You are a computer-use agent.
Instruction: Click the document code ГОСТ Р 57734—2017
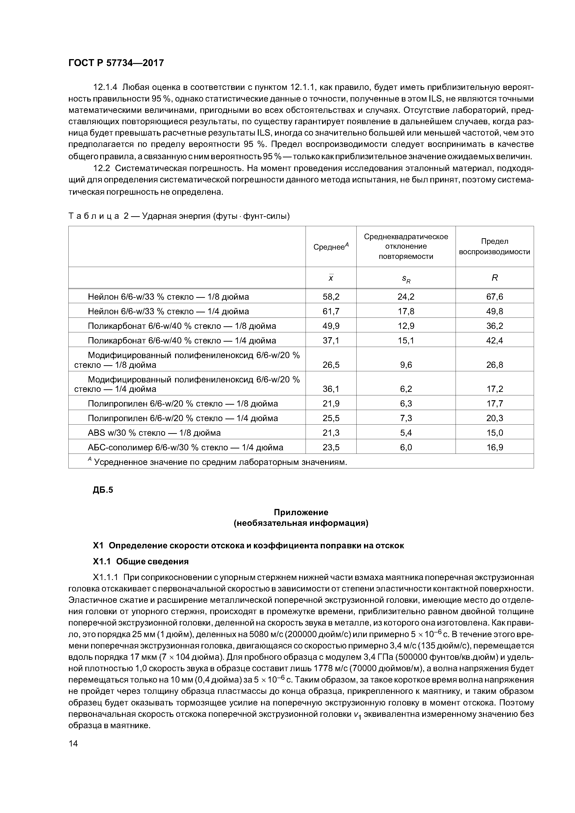pos(116,63)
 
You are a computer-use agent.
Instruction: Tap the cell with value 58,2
pos(331,297)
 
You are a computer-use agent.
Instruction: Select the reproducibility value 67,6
pos(494,297)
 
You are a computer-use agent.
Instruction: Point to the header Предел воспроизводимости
pos(494,246)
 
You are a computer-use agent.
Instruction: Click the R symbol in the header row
pos(495,278)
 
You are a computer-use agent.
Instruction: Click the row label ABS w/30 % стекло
pos(154,433)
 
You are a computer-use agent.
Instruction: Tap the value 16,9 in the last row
pos(494,448)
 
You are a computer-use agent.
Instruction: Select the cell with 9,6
pos(406,365)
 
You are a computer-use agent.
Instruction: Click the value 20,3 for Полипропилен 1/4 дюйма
pos(494,418)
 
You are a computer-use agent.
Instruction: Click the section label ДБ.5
pos(103,490)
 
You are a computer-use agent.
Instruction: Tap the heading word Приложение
pos(301,512)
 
